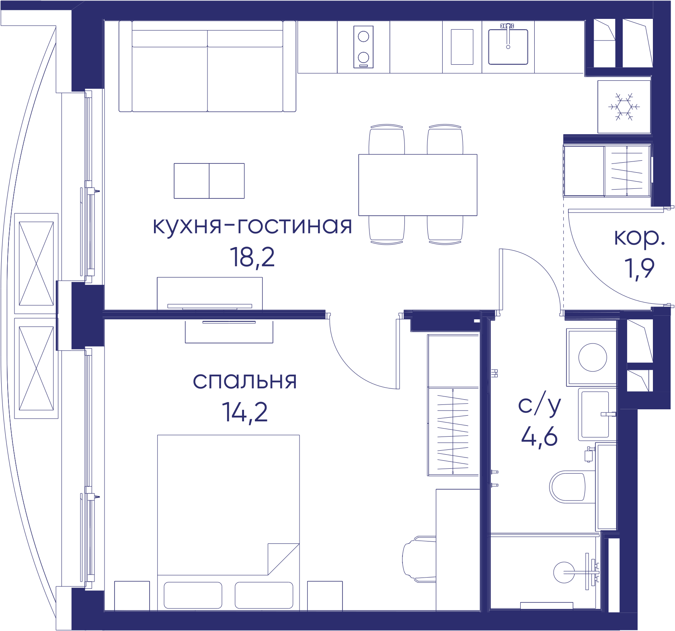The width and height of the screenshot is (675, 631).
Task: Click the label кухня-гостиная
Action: click(252, 226)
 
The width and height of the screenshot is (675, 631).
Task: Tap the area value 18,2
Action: click(252, 257)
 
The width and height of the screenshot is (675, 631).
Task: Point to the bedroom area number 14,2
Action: click(245, 412)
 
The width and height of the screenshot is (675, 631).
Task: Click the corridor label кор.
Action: click(639, 238)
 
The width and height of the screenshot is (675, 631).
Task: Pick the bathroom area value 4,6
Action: click(539, 437)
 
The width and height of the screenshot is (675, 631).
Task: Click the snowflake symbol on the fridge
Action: click(624, 107)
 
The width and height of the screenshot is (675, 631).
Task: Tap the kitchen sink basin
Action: click(508, 47)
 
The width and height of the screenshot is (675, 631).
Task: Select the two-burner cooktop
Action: click(363, 47)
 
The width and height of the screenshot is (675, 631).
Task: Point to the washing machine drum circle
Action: click(593, 357)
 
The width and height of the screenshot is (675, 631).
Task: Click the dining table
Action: click(418, 185)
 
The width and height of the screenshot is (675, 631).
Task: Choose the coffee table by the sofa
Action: click(209, 181)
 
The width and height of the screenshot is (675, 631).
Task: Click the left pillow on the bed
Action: click(193, 595)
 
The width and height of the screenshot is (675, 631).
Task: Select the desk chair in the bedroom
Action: click(419, 559)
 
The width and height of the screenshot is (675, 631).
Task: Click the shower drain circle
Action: click(564, 572)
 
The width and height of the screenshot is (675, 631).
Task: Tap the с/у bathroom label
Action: click(539, 406)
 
